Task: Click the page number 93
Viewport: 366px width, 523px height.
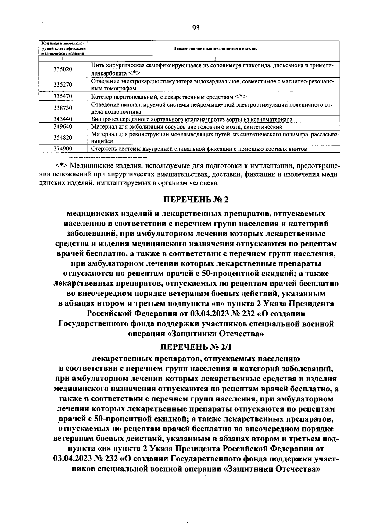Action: [x=196, y=28]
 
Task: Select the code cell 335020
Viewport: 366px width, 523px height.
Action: [x=63, y=69]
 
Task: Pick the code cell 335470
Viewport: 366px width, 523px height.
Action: [x=63, y=97]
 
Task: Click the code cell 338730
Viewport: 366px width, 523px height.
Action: [x=63, y=108]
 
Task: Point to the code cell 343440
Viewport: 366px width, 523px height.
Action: [x=63, y=119]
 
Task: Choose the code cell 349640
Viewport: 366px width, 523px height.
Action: [x=63, y=126]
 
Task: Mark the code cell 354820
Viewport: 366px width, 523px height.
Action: [x=63, y=137]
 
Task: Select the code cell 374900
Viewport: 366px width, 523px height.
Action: [x=63, y=149]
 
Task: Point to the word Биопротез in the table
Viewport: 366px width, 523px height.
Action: [x=103, y=119]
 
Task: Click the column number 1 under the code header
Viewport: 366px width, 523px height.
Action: [x=63, y=58]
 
